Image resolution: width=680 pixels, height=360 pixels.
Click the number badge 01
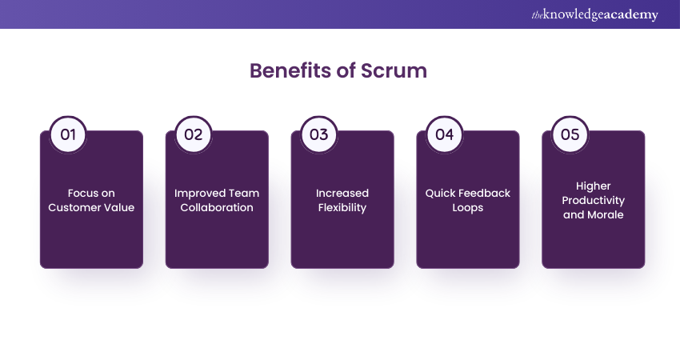point(68,134)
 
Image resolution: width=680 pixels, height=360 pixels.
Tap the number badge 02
point(194,134)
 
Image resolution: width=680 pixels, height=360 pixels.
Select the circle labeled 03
point(319,134)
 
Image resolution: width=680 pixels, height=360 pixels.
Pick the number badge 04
point(444,134)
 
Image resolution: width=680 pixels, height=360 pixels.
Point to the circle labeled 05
point(570,134)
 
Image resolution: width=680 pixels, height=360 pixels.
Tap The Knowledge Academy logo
point(595,14)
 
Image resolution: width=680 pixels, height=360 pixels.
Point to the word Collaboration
point(217,207)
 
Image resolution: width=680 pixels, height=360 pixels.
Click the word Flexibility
point(342,207)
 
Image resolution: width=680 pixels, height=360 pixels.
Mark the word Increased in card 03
point(342,193)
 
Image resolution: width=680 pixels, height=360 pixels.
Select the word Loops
point(468,207)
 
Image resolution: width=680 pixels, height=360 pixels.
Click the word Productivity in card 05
point(593,200)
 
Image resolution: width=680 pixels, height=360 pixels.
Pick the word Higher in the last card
point(593,186)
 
